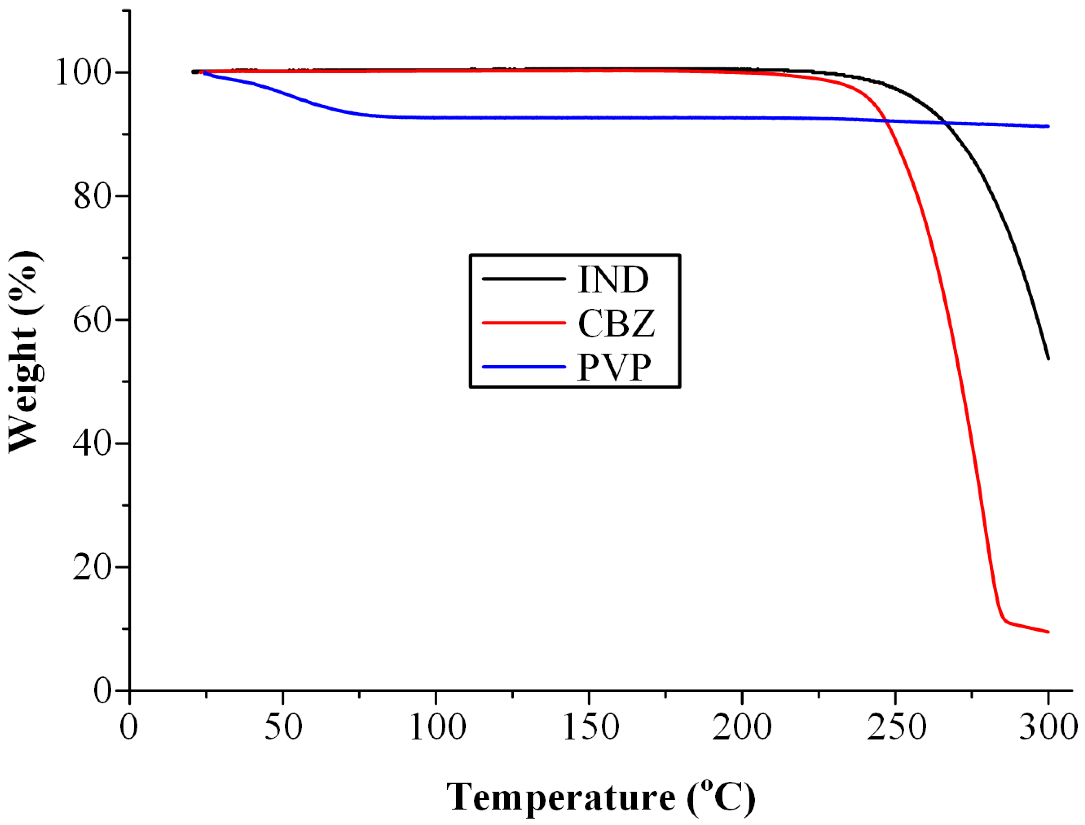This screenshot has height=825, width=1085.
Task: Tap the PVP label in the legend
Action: click(614, 367)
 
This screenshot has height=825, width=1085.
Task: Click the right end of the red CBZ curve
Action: click(1048, 632)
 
